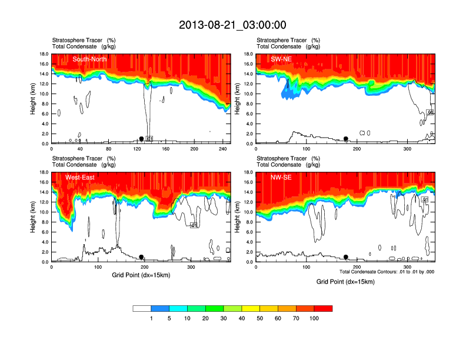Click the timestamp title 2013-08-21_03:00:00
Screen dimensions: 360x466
pyautogui.click(x=232, y=25)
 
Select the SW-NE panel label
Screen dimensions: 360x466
pyautogui.click(x=281, y=59)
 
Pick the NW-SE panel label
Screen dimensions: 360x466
pyautogui.click(x=281, y=177)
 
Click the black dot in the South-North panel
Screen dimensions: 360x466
pyautogui.click(x=141, y=139)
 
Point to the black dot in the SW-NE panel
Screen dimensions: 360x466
pyautogui.click(x=346, y=139)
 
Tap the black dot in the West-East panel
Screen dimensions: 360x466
pyautogui.click(x=141, y=257)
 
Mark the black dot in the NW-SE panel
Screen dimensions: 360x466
pyautogui.click(x=346, y=257)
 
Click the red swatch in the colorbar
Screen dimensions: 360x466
pyautogui.click(x=323, y=308)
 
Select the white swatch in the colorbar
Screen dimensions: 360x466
pyautogui.click(x=142, y=308)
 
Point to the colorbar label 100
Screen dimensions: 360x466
pyautogui.click(x=314, y=318)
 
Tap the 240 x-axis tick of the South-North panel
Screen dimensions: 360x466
pyautogui.click(x=223, y=149)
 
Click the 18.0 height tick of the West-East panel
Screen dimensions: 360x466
pyautogui.click(x=44, y=172)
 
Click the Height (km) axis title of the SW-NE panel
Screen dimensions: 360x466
pyautogui.click(x=238, y=99)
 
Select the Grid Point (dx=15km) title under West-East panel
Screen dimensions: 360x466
pyautogui.click(x=140, y=275)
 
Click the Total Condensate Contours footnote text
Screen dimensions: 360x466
pyautogui.click(x=387, y=272)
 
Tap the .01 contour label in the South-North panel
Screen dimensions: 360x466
pyautogui.click(x=149, y=139)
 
